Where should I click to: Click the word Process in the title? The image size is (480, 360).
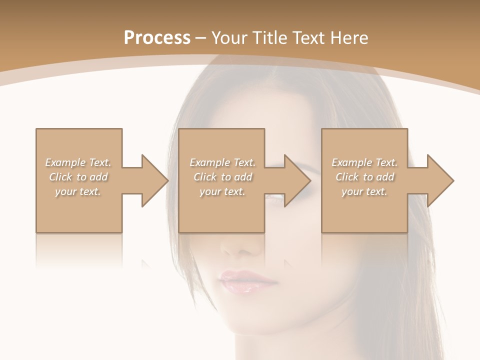157,38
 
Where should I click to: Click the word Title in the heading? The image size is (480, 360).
270,38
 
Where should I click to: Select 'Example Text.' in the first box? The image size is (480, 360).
78,162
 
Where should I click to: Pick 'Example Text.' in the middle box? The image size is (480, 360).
222,162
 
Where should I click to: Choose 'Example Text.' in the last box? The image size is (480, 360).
364,162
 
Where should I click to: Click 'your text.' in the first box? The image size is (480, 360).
78,191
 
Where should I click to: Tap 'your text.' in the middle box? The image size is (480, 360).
222,191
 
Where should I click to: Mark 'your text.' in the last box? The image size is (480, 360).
364,191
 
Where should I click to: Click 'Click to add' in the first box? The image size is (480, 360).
78,177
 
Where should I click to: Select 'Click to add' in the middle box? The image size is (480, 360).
222,177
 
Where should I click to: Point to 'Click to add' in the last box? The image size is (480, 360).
364,177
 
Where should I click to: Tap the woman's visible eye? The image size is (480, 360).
276,198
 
